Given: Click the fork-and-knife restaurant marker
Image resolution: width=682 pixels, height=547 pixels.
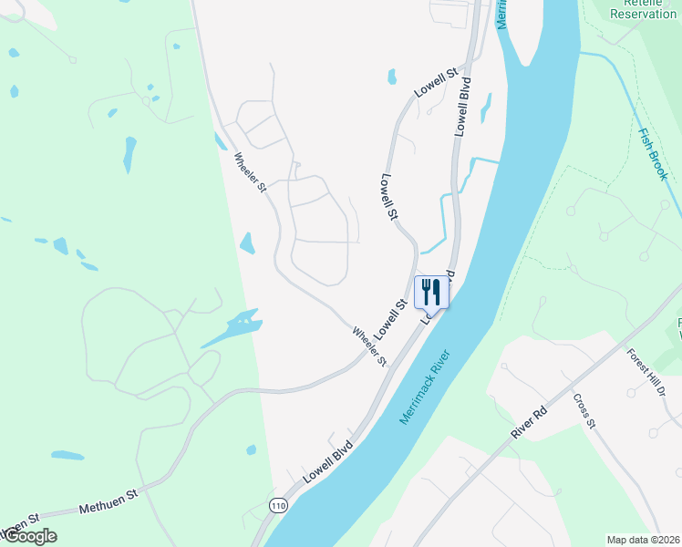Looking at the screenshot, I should [431, 293].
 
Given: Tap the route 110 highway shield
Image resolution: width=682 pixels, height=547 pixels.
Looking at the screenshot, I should [277, 504].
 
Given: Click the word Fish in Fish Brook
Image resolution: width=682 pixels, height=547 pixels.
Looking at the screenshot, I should [646, 139].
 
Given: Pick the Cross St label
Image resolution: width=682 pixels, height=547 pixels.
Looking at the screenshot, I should [584, 411].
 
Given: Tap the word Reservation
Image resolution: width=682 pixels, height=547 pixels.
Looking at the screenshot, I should [644, 14].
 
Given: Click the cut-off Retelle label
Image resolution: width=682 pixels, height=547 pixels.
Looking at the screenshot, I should [631, 3].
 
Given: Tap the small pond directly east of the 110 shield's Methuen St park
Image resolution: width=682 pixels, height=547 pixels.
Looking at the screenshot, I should [252, 449].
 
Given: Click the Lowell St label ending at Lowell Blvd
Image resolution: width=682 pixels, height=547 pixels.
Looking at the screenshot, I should [435, 83].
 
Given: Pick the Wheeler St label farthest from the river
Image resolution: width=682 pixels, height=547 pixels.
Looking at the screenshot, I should [250, 172].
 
